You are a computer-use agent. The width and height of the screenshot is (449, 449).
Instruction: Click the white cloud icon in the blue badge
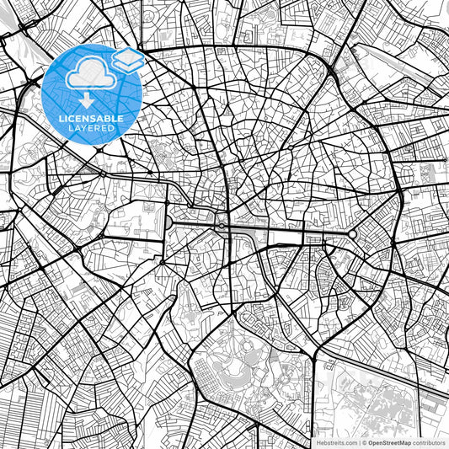tap(87, 75)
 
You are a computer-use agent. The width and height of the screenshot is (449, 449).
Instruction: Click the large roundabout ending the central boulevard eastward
tap(353, 233)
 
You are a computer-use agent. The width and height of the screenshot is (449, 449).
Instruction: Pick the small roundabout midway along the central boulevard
tap(221, 226)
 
